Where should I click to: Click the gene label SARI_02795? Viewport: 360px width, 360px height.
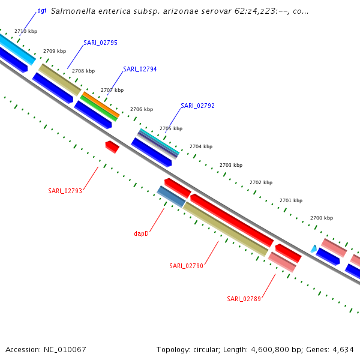tap(101, 43)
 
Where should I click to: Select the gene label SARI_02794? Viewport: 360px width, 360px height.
tap(140, 69)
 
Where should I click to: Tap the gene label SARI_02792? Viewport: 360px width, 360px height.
tap(197, 106)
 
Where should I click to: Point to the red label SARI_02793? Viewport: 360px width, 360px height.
tap(65, 191)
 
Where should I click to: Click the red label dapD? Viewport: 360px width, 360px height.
tap(141, 233)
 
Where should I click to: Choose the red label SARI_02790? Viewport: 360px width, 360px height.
tap(186, 266)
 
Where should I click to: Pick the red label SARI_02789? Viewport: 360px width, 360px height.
tap(244, 299)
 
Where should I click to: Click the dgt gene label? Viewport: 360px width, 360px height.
tap(42, 10)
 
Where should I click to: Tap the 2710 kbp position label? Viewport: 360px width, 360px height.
tap(25, 31)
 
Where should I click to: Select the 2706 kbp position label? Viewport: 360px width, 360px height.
tap(142, 109)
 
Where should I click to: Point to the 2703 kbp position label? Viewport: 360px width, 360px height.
tap(231, 164)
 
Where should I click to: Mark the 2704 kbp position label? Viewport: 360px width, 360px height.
tap(201, 146)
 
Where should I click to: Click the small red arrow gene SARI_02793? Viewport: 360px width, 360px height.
tap(112, 146)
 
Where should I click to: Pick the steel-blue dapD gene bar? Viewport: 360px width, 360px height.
tap(171, 197)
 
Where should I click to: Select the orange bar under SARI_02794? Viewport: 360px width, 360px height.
tap(100, 104)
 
